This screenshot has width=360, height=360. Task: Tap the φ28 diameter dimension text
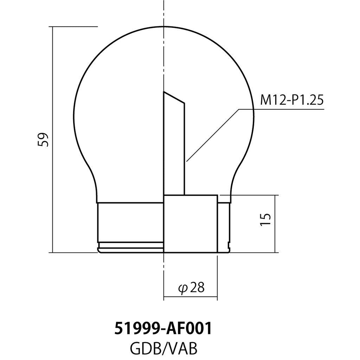coord(191,288)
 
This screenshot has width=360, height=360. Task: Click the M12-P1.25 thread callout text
coord(291,101)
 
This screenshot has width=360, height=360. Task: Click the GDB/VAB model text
coord(163,349)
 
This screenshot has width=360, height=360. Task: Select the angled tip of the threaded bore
coord(174,98)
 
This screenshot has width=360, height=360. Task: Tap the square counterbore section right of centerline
coord(190,224)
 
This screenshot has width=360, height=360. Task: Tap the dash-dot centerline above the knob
coord(164,14)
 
